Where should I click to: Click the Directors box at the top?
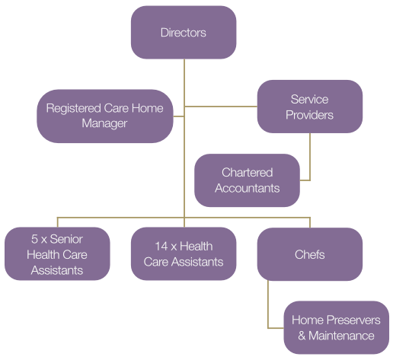tap(184, 33)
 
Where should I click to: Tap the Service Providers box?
tap(309, 107)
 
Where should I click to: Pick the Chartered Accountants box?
tap(247, 180)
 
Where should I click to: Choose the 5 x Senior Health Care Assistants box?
tap(57, 253)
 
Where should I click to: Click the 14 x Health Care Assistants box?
tap(184, 253)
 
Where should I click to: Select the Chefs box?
tap(309, 253)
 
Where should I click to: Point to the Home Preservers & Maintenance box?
tap(337, 327)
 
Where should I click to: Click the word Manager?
tap(104, 123)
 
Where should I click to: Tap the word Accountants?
tap(247, 188)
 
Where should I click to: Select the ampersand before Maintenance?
tap(302, 336)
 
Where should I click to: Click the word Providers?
tap(309, 115)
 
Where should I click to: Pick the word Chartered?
tap(247, 173)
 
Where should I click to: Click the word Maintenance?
tap(340, 336)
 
